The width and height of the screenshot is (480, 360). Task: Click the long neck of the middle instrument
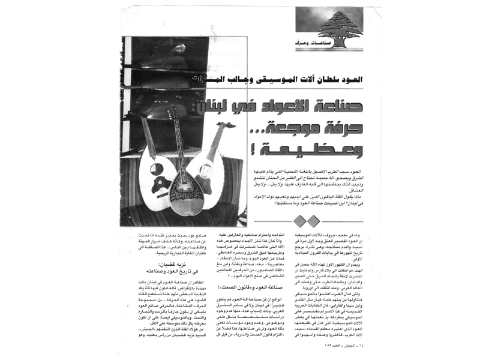tap(177, 144)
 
